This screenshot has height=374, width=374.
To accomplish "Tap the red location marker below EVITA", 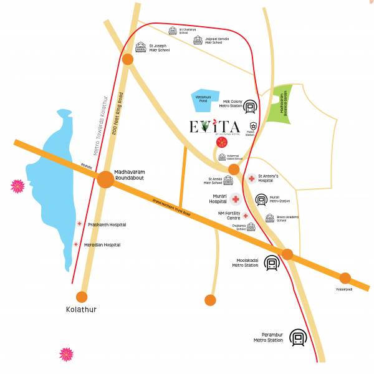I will click(221, 143).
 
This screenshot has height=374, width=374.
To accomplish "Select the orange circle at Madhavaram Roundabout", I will click(105, 180).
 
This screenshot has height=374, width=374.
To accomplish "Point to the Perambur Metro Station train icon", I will click(299, 338).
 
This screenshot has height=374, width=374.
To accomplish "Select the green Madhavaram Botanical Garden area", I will click(283, 102).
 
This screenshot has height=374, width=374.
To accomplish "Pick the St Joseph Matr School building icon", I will click(140, 47).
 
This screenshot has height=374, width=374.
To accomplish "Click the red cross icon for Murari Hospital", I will click(236, 199).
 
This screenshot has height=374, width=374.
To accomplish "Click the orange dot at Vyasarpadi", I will click(345, 278).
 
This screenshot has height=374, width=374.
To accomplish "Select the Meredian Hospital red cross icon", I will click(76, 245).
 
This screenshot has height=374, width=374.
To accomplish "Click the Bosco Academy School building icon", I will click(270, 219).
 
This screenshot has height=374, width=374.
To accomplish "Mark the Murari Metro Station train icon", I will click(261, 199).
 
